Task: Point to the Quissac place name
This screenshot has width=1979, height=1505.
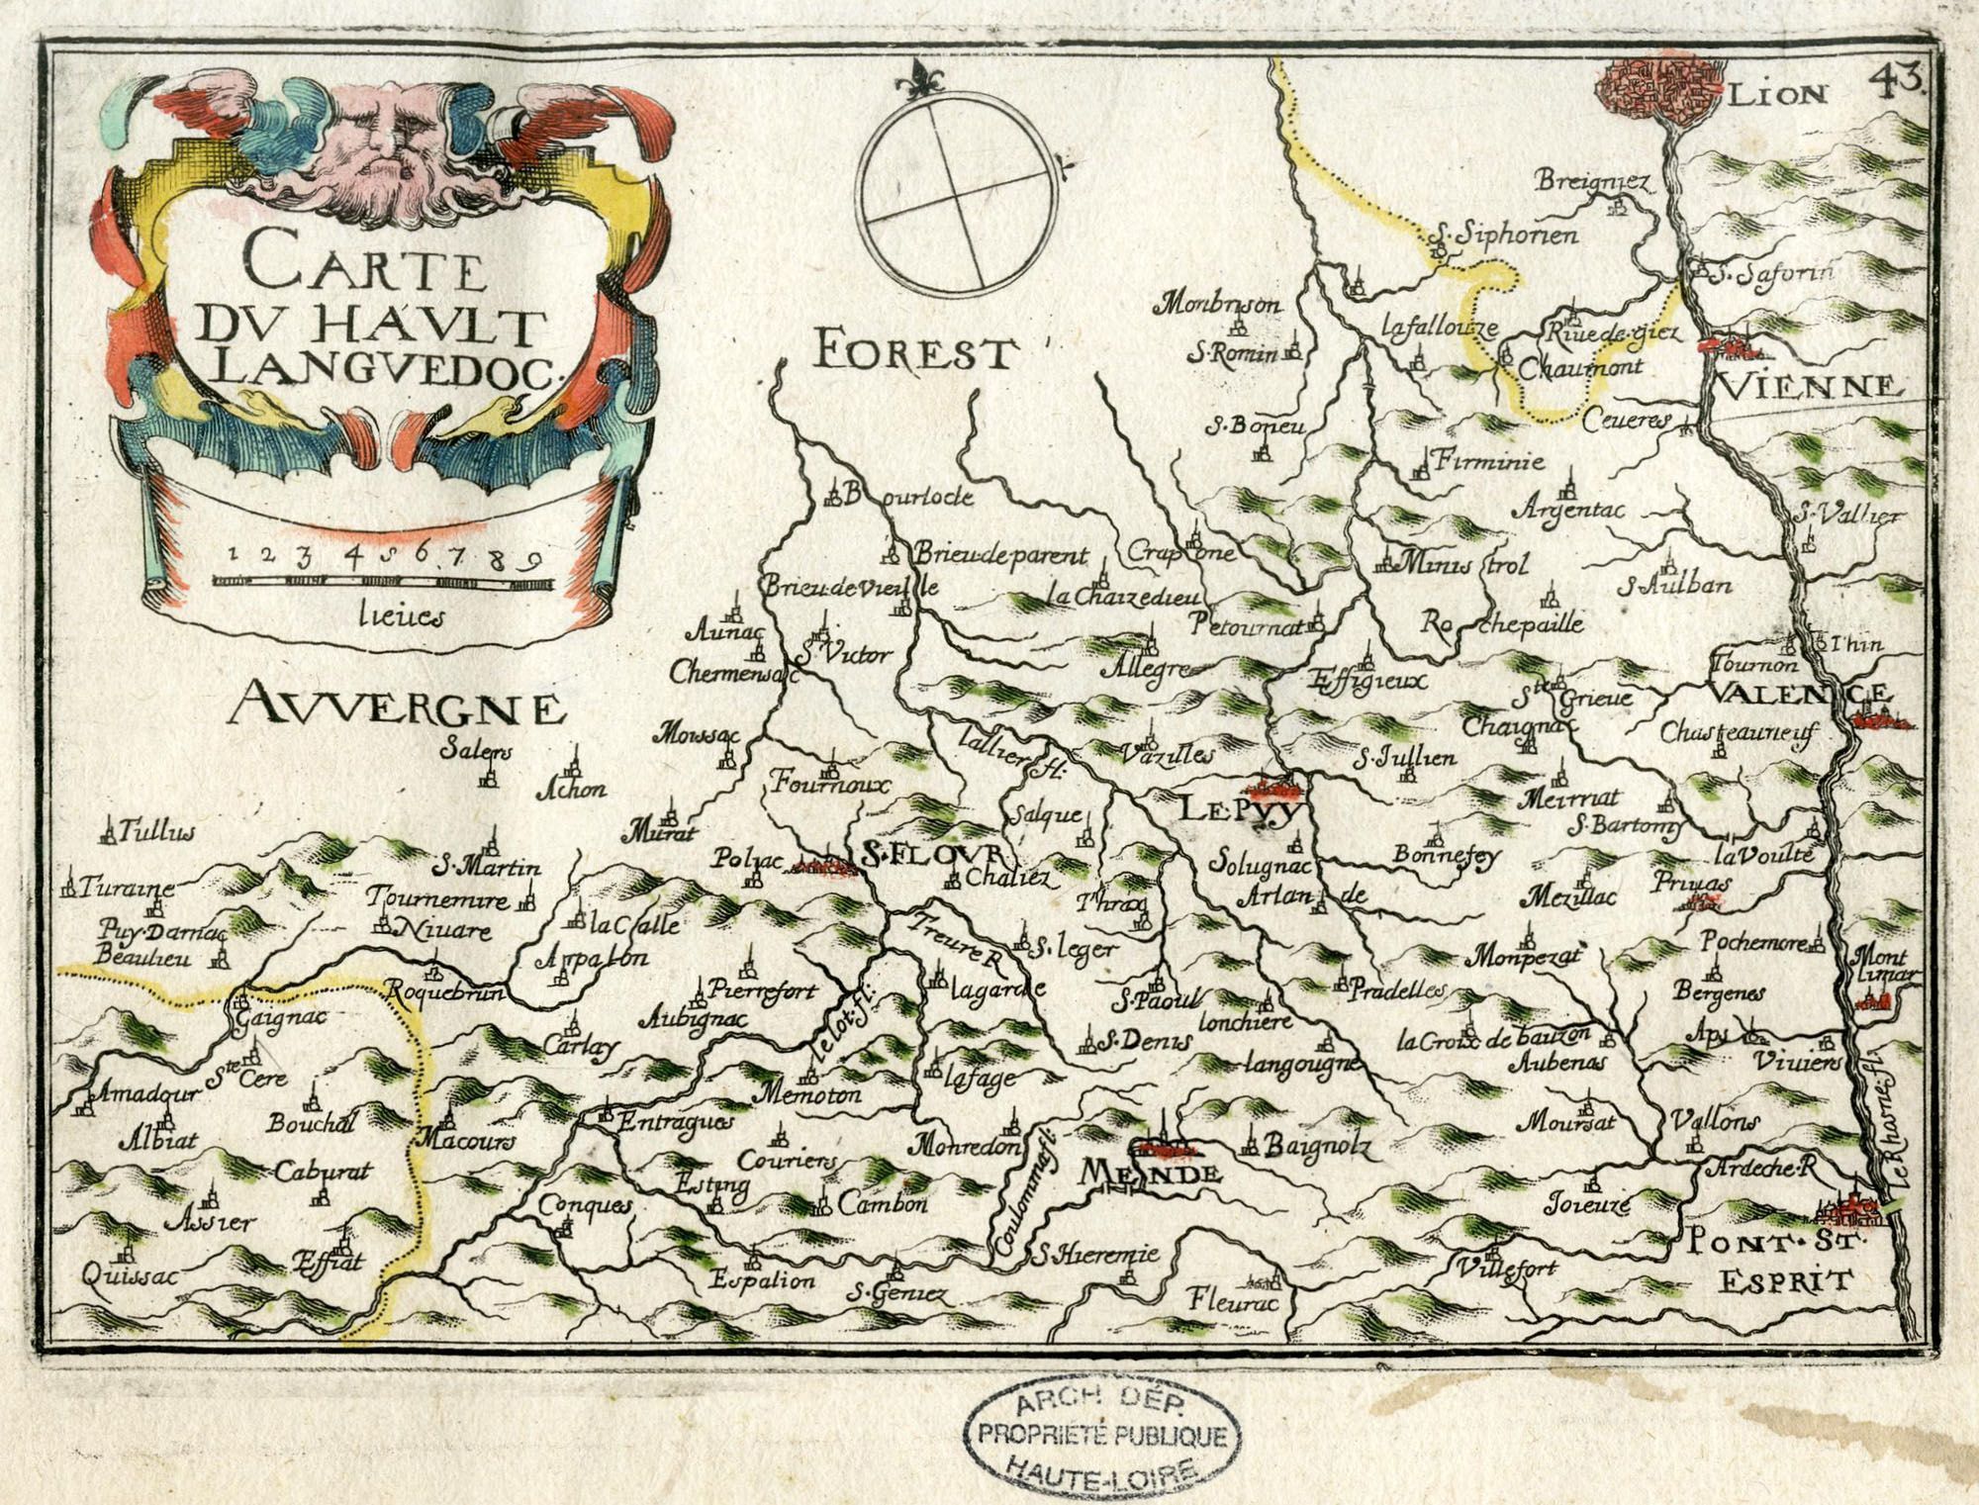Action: coord(131,1276)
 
